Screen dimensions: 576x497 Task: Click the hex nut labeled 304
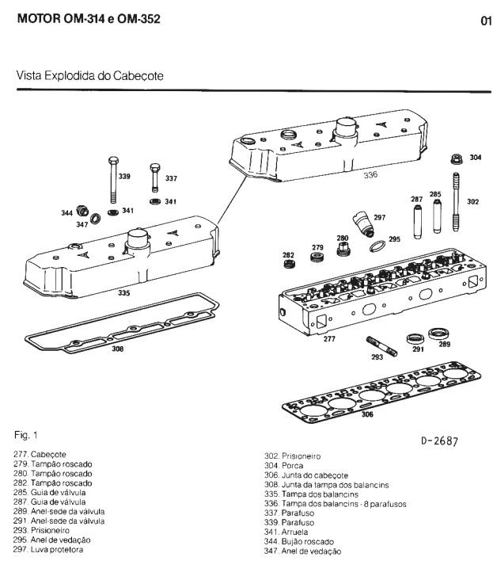pos(457,157)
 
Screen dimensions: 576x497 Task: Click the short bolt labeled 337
pos(154,181)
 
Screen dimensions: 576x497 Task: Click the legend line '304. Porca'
pos(282,465)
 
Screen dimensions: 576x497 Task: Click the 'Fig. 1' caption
pos(28,435)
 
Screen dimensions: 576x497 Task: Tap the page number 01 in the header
pos(486,21)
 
